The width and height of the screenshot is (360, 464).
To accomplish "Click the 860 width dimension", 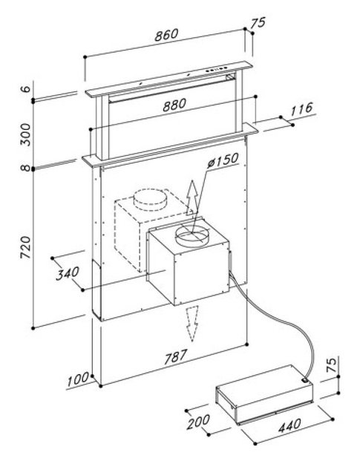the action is click(x=166, y=35).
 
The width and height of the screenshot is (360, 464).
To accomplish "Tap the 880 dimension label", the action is click(x=174, y=105).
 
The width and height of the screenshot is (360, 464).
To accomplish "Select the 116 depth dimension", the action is click(x=301, y=109).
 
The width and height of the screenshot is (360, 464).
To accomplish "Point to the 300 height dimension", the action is click(x=26, y=134).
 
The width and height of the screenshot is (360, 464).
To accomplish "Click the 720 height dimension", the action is click(x=26, y=247).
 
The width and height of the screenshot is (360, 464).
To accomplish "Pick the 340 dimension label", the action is click(x=68, y=273).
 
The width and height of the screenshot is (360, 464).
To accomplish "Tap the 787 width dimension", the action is click(x=176, y=356).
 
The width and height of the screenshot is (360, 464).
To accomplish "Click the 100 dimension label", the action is click(x=78, y=379).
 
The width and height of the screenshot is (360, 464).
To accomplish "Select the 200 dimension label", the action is click(x=198, y=422).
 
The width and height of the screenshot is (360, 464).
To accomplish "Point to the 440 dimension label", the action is click(x=289, y=425).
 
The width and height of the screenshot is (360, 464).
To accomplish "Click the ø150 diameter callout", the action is click(x=223, y=160).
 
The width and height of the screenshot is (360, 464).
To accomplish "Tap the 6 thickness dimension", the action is click(x=27, y=88).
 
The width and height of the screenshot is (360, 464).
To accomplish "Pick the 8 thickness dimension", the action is click(x=27, y=168).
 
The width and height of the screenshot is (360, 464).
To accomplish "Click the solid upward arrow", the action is click(x=192, y=197).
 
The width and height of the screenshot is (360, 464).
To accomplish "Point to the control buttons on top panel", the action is click(x=216, y=69).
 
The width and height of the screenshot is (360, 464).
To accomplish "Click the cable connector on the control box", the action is click(x=304, y=379).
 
